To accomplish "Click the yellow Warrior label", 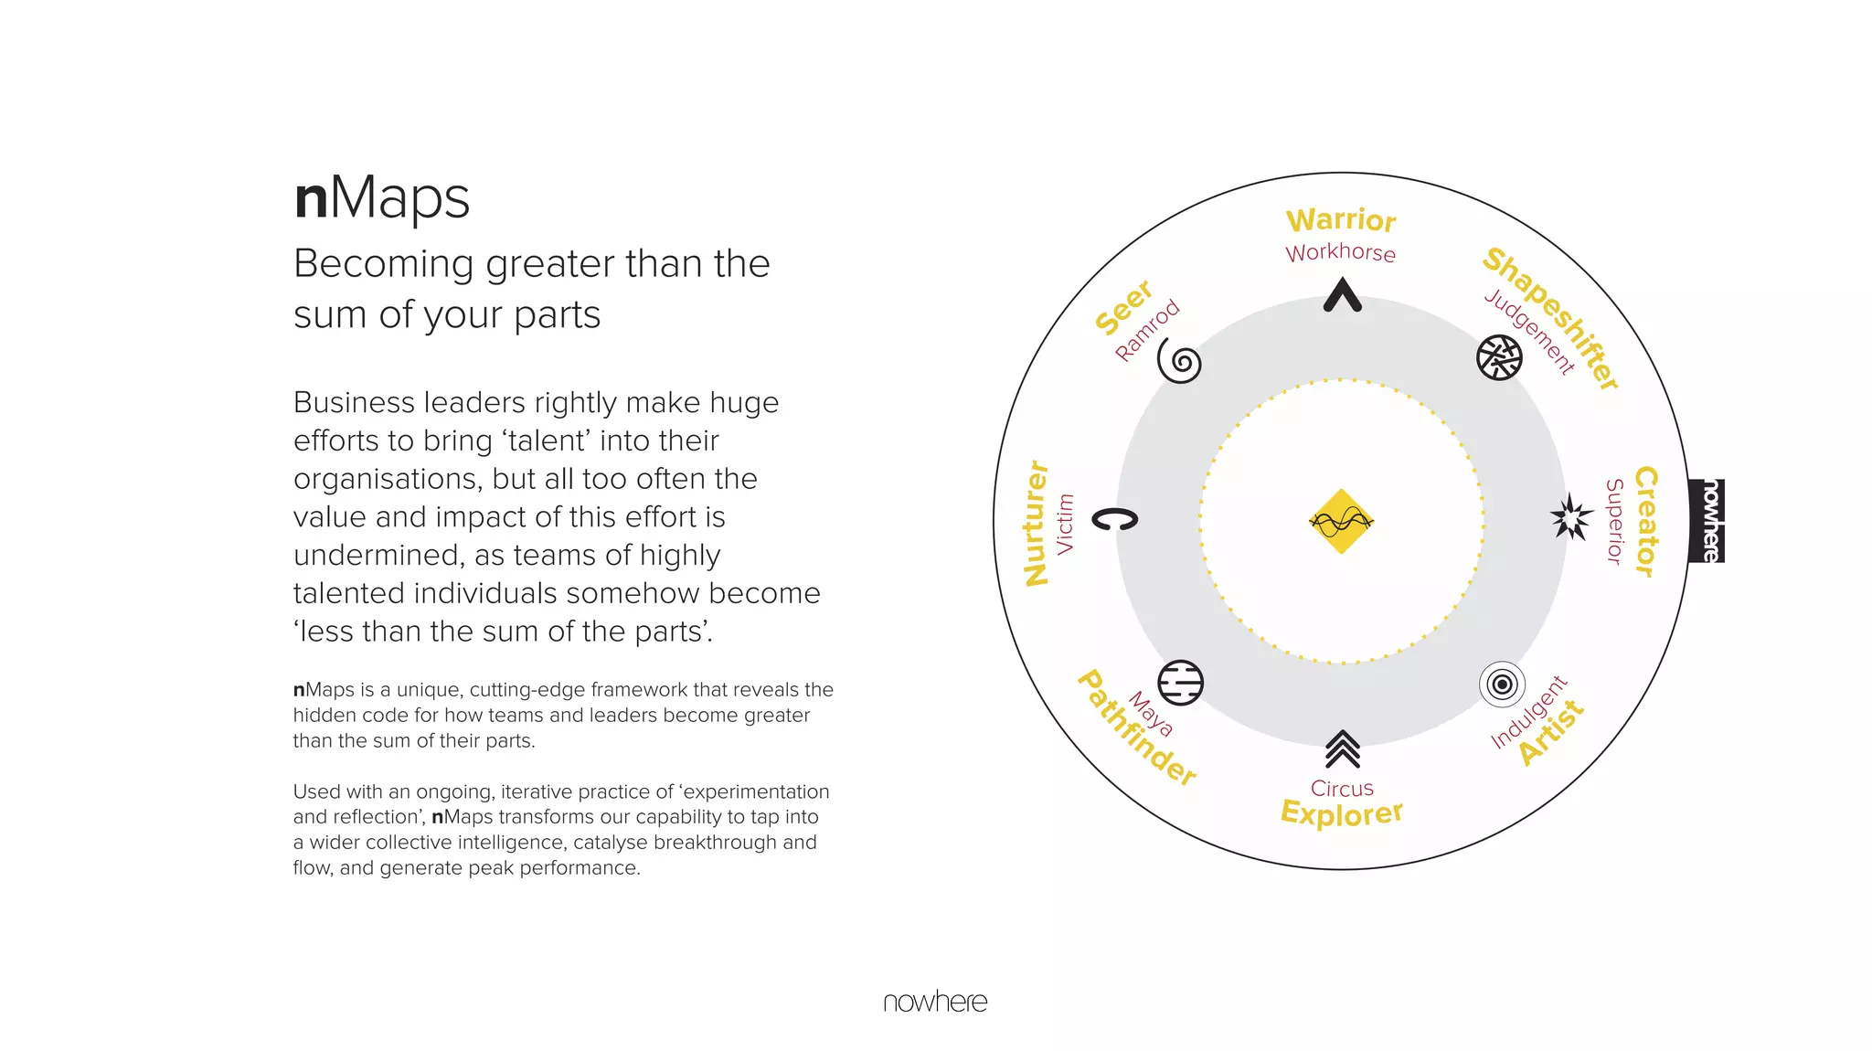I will tap(1341, 220).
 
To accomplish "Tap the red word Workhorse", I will tap(1341, 252).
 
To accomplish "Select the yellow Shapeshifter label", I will tap(1551, 318).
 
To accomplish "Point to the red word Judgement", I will tap(1529, 333).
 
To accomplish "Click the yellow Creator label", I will tap(1646, 522).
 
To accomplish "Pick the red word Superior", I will tap(1615, 522).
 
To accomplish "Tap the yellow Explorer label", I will tap(1342, 812).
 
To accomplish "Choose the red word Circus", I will tap(1342, 788).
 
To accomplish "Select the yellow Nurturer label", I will tap(1037, 523).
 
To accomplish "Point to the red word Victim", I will tap(1065, 524).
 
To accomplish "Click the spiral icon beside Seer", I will tap(1180, 363).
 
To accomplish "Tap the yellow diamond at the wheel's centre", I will tap(1342, 521).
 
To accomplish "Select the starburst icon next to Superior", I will tap(1571, 517).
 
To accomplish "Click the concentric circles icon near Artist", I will tap(1502, 684).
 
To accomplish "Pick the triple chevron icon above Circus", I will tap(1343, 748).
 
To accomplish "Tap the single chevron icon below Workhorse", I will tap(1343, 295).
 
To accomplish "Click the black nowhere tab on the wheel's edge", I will tap(1707, 521).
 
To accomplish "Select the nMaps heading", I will tap(382, 197).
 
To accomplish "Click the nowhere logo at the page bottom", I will tap(935, 1002).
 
